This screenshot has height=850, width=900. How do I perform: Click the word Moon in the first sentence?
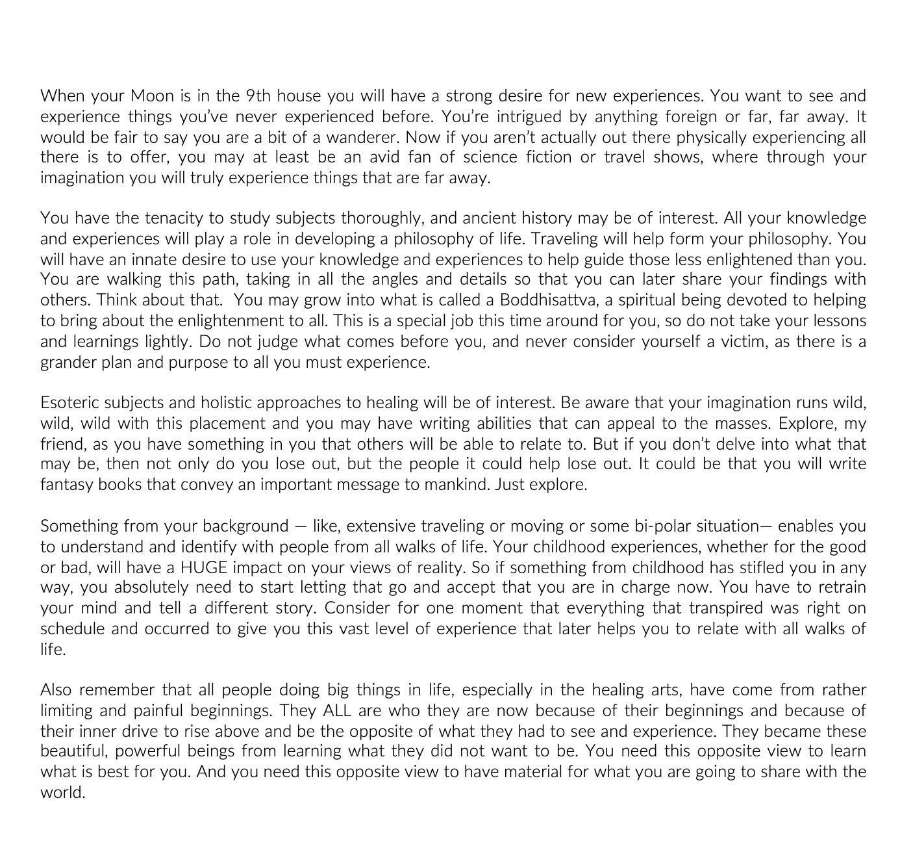(152, 96)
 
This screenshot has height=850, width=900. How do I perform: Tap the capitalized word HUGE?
(204, 567)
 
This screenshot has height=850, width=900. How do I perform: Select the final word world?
(62, 793)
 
